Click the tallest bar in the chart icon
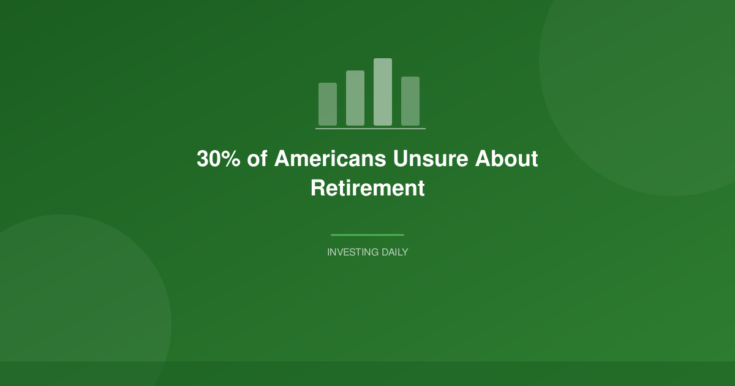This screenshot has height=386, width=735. click(383, 92)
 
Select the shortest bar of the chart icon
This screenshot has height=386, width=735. click(328, 104)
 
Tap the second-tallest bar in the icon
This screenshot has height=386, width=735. click(355, 98)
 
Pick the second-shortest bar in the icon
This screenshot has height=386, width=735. click(410, 101)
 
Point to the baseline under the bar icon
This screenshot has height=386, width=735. click(371, 129)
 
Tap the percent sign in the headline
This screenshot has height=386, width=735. click(232, 159)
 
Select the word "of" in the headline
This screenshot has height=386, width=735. click(257, 159)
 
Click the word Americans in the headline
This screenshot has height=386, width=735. click(330, 159)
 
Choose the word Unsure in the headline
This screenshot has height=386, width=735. click(431, 159)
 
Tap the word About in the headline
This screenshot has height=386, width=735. click(507, 159)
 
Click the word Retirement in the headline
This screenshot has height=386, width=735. click(367, 187)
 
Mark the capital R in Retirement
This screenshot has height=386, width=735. click(317, 187)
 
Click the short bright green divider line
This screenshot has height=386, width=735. click(367, 235)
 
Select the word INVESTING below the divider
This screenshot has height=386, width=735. click(352, 252)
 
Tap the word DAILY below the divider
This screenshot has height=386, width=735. click(394, 252)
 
